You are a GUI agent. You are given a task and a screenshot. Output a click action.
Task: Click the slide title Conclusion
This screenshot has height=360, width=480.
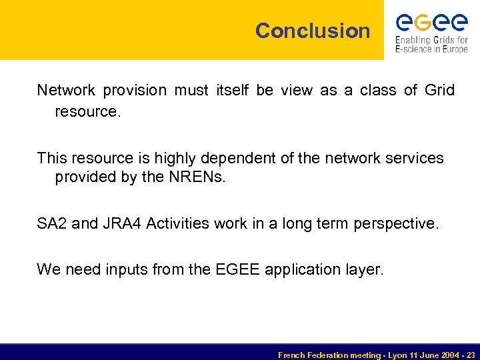click(313, 31)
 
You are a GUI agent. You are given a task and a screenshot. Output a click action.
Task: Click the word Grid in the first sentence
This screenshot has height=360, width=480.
click(439, 90)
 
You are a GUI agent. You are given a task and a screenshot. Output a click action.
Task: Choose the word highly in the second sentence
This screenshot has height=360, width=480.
click(176, 158)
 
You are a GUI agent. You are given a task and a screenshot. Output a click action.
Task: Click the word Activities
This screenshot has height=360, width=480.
click(178, 223)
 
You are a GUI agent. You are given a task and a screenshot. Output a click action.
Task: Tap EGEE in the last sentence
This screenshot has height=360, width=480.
click(239, 269)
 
